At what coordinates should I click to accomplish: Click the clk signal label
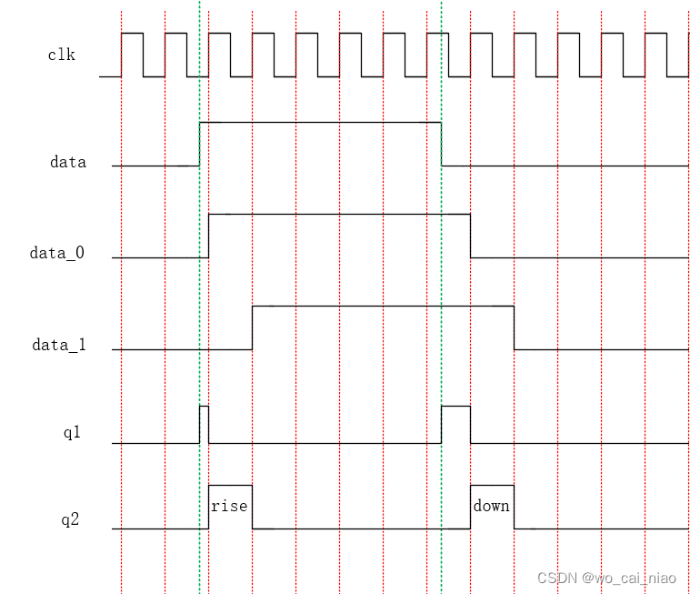(61, 55)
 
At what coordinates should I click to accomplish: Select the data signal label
(68, 163)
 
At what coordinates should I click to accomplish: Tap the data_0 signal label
(56, 254)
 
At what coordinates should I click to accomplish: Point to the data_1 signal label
(58, 346)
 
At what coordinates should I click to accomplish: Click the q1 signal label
(72, 433)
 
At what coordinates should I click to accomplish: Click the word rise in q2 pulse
(229, 506)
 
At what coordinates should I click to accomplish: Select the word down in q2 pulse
(491, 506)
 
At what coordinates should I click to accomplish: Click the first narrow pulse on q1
(204, 424)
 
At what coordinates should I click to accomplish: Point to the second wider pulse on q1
(455, 424)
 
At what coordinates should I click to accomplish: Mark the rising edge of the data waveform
(199, 144)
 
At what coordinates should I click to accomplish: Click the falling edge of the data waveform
(442, 144)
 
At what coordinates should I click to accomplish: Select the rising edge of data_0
(209, 236)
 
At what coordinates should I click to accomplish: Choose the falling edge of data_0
(471, 236)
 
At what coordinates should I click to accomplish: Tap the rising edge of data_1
(252, 327)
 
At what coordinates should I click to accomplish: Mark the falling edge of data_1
(515, 327)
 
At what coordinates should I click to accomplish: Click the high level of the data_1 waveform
(382, 307)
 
